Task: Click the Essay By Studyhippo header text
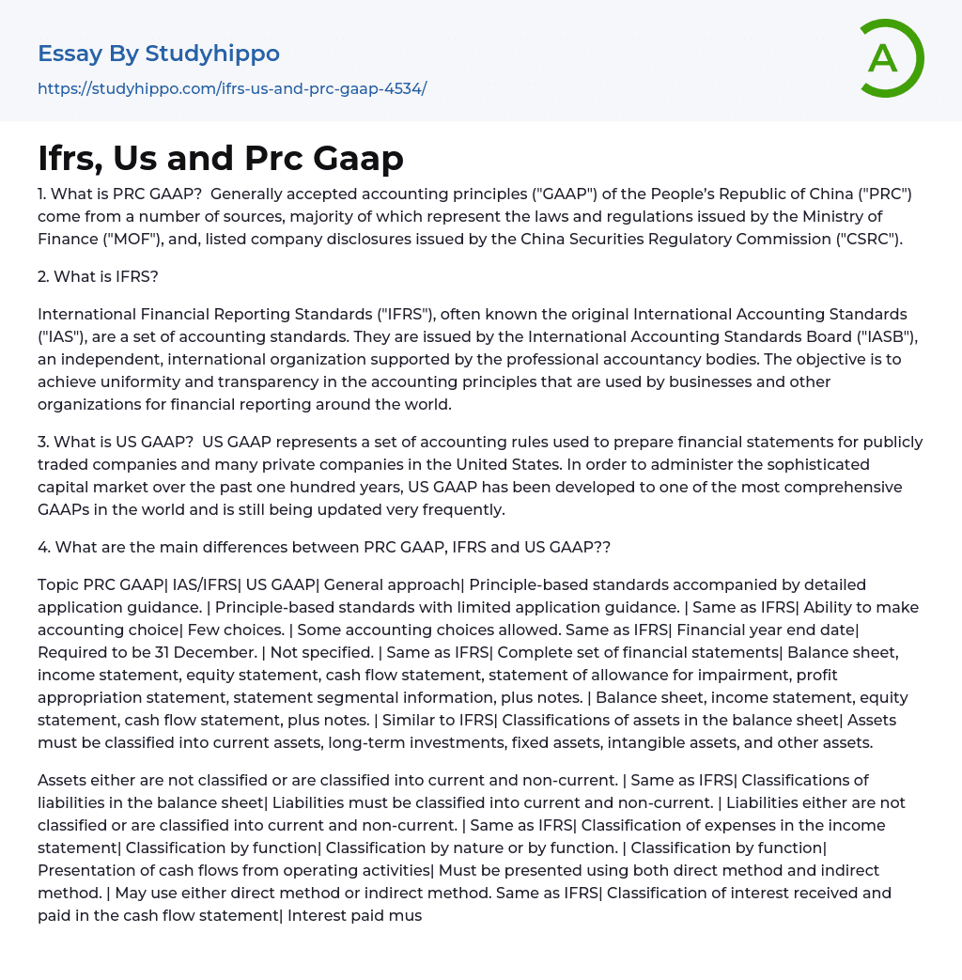tap(159, 54)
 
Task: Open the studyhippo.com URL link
tap(232, 88)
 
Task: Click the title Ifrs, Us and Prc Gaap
tap(221, 158)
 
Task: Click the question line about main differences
tap(324, 547)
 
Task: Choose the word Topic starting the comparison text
tap(58, 584)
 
